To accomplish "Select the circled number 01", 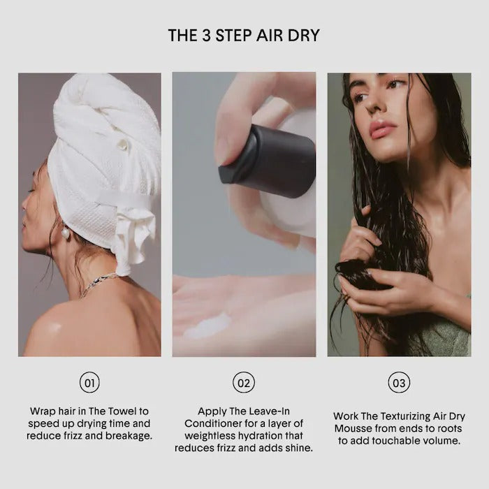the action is pos(89,382).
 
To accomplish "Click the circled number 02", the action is pos(244,382).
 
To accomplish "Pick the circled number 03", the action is pos(399,382).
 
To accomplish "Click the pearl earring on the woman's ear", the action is pos(66,232).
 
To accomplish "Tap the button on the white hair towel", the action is pos(122,144).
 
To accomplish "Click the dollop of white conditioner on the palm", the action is pos(208,326).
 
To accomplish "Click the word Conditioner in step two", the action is pos(212,423).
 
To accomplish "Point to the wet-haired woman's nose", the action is pos(372,106).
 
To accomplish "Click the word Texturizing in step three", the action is pos(405,416).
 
